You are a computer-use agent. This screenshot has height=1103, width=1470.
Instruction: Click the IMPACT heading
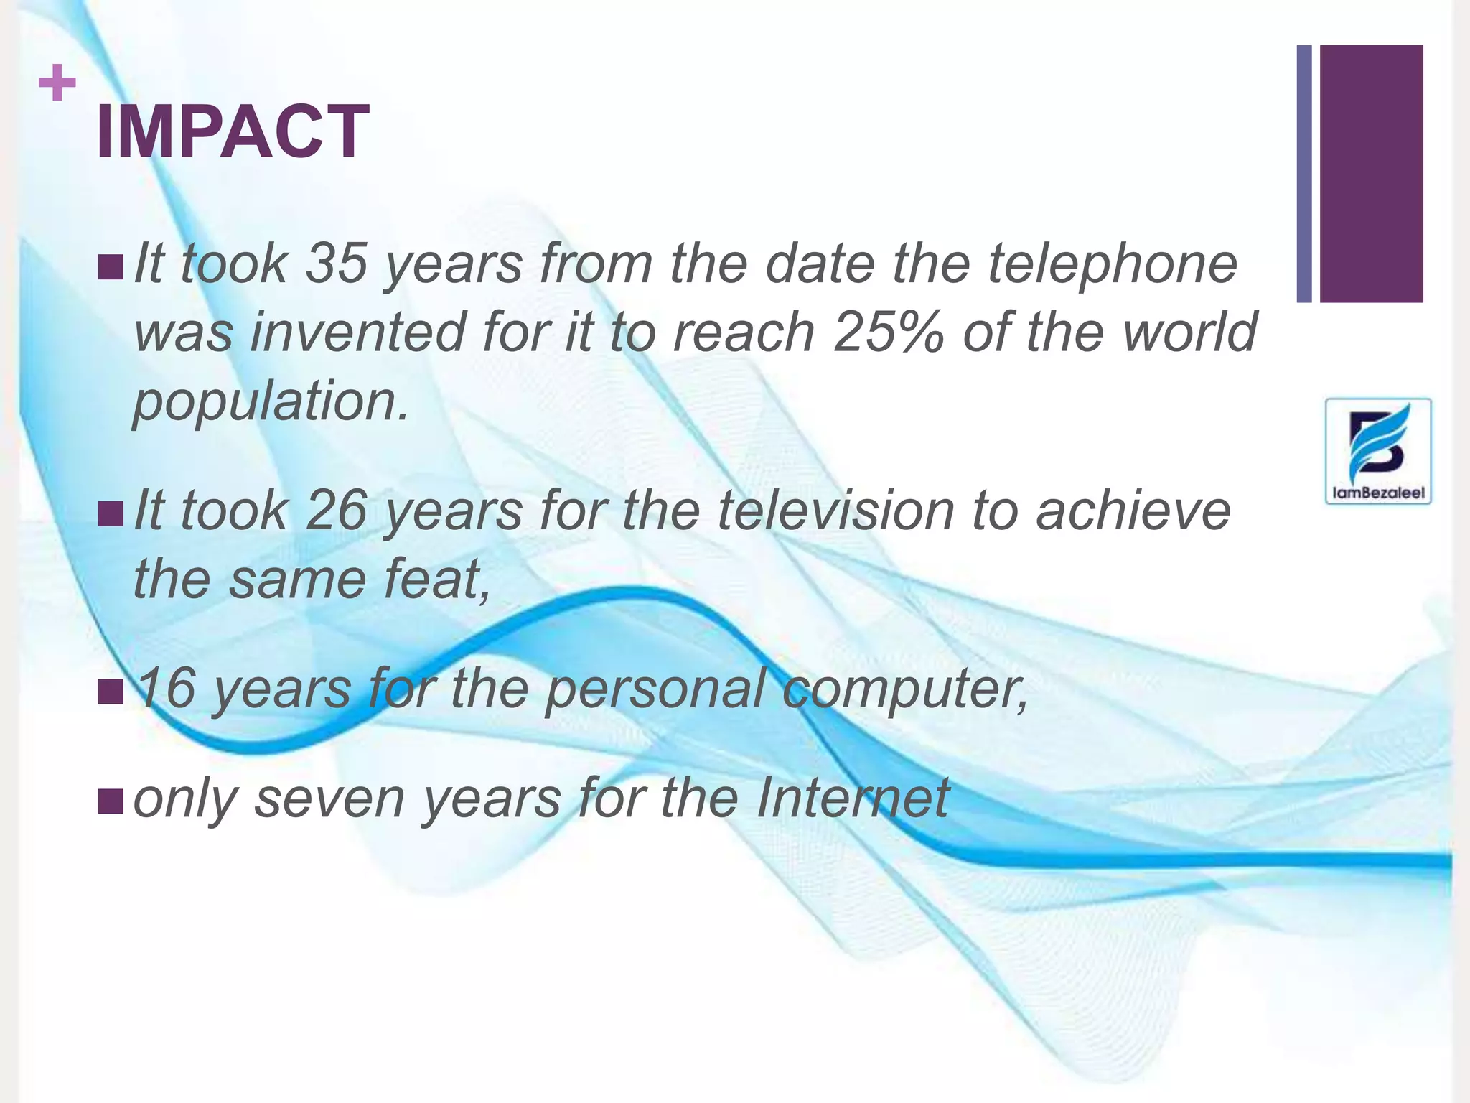(x=232, y=131)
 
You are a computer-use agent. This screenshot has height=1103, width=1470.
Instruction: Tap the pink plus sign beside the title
(x=57, y=83)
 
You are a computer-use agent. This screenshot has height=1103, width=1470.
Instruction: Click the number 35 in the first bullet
(x=336, y=264)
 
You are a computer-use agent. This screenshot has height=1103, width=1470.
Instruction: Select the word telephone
(x=1112, y=264)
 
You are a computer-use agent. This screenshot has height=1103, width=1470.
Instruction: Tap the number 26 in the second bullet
(x=336, y=511)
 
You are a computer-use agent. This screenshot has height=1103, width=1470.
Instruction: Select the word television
(x=835, y=511)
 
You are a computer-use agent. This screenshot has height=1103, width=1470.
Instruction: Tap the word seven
(x=329, y=798)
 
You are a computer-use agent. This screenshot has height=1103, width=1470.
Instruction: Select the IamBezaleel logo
(x=1377, y=451)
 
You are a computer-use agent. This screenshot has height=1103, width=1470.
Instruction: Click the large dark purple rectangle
(x=1371, y=174)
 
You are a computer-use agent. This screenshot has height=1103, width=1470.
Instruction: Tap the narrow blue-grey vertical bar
(x=1304, y=174)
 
